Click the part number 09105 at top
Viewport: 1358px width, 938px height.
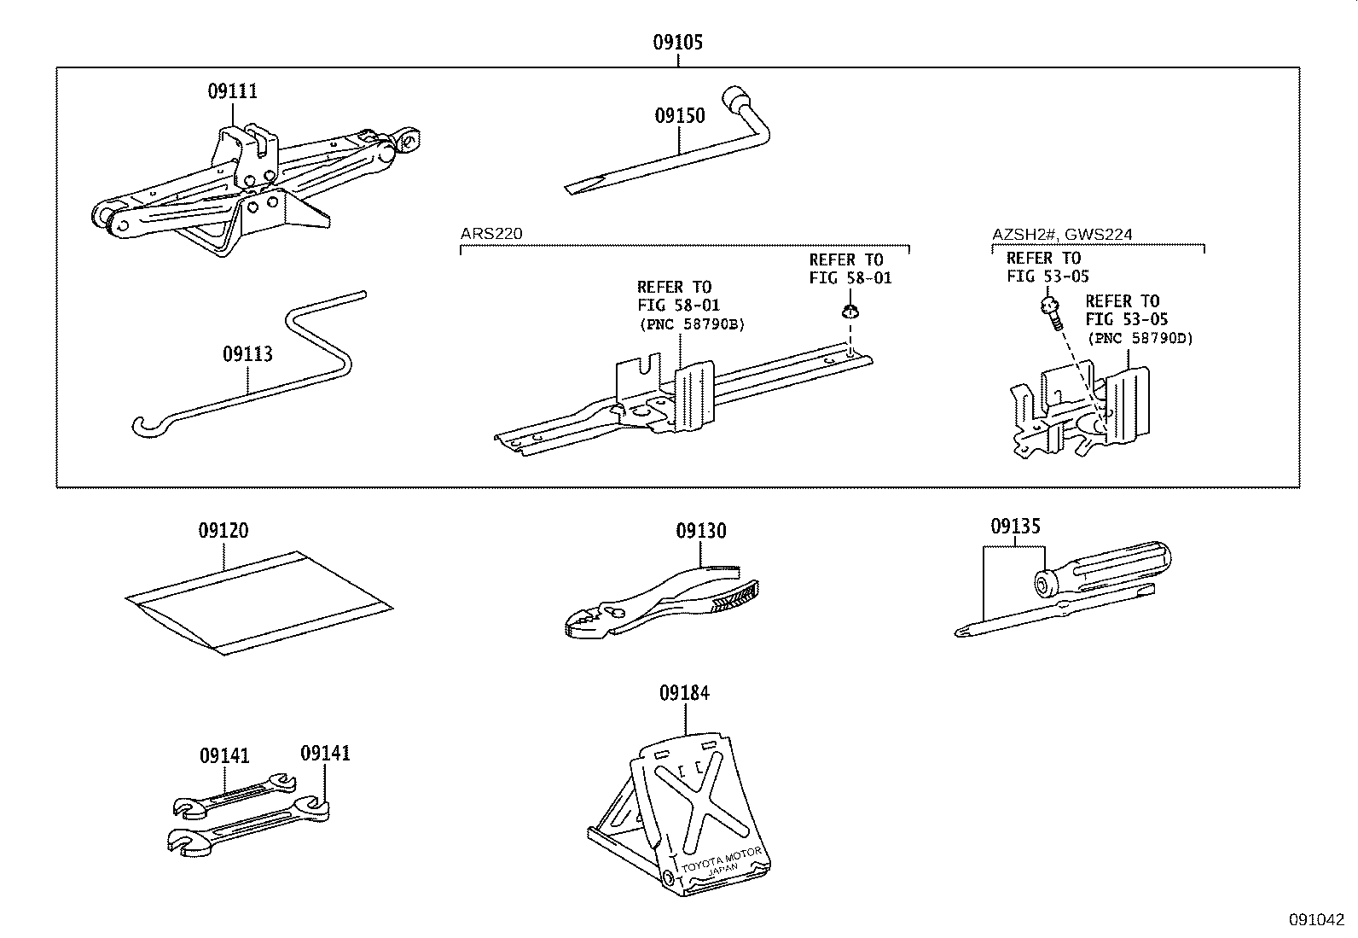point(677,42)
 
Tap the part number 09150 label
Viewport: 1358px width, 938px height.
point(680,115)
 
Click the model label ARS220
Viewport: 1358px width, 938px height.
point(490,234)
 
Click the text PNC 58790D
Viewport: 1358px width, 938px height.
point(1140,338)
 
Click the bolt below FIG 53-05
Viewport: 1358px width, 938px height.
point(1051,312)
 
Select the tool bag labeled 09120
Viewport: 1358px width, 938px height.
point(256,602)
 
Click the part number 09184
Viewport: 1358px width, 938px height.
point(683,693)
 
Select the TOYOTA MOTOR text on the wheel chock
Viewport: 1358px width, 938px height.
point(724,855)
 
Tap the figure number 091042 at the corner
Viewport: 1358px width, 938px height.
point(1315,920)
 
